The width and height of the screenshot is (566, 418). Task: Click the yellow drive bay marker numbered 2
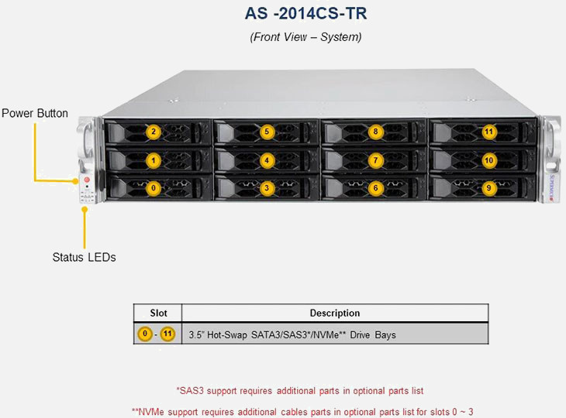pyautogui.click(x=154, y=132)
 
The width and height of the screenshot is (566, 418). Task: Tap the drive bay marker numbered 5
pyautogui.click(x=266, y=132)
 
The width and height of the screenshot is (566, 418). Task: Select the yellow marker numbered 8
pyautogui.click(x=375, y=132)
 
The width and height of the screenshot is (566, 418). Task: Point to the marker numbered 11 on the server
pyautogui.click(x=488, y=132)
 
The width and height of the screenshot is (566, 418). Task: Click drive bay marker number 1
pyautogui.click(x=154, y=160)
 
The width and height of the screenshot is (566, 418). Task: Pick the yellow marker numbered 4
pyautogui.click(x=266, y=160)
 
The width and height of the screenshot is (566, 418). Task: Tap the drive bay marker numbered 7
pyautogui.click(x=375, y=160)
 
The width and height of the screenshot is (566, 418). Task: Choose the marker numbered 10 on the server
pyautogui.click(x=488, y=160)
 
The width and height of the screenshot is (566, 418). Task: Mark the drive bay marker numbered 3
pyautogui.click(x=266, y=187)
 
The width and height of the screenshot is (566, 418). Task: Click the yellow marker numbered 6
pyautogui.click(x=375, y=187)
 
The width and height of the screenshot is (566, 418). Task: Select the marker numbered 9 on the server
pyautogui.click(x=488, y=187)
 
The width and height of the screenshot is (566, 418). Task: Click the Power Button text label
pyautogui.click(x=35, y=114)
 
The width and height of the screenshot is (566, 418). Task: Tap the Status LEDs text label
pyautogui.click(x=84, y=257)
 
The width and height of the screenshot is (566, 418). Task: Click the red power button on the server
pyautogui.click(x=87, y=180)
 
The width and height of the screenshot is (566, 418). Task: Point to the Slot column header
pyautogui.click(x=157, y=313)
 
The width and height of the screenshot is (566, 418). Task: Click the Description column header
pyautogui.click(x=334, y=313)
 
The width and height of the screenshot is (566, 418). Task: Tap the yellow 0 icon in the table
pyautogui.click(x=144, y=334)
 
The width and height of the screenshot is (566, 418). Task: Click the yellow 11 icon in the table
pyautogui.click(x=167, y=334)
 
